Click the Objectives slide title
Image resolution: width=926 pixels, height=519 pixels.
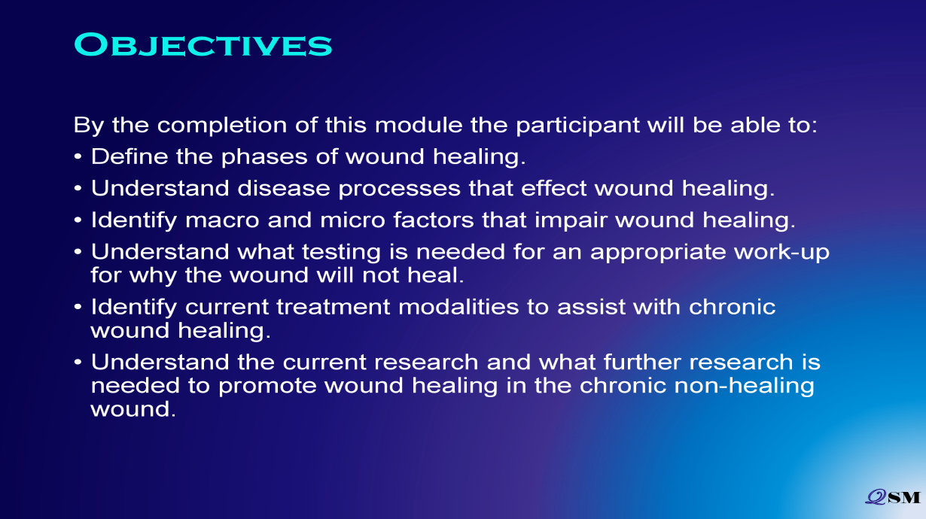pos(203,45)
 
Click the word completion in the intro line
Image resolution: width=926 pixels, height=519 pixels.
pos(221,125)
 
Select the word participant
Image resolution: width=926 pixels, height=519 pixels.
pos(577,125)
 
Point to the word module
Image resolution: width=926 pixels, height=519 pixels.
pos(419,125)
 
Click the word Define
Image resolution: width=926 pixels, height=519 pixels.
pos(129,156)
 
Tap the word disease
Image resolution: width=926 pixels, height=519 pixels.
pos(284,188)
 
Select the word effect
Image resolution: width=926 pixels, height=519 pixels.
pos(553,188)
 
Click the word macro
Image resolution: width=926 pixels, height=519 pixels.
pos(222,221)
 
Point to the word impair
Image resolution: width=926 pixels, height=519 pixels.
pos(571,220)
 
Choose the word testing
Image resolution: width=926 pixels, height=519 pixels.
pos(341,252)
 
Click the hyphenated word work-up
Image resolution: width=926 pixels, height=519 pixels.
pos(781,253)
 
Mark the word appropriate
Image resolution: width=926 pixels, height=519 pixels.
pos(658,253)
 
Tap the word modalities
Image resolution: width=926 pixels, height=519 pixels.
pos(458,307)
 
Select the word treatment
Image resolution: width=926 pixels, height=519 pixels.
pos(334,308)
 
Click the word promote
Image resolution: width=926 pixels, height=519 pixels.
pos(267,387)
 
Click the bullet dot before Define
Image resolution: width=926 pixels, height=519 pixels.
pos(78,157)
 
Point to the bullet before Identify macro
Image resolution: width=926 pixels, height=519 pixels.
pos(78,220)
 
